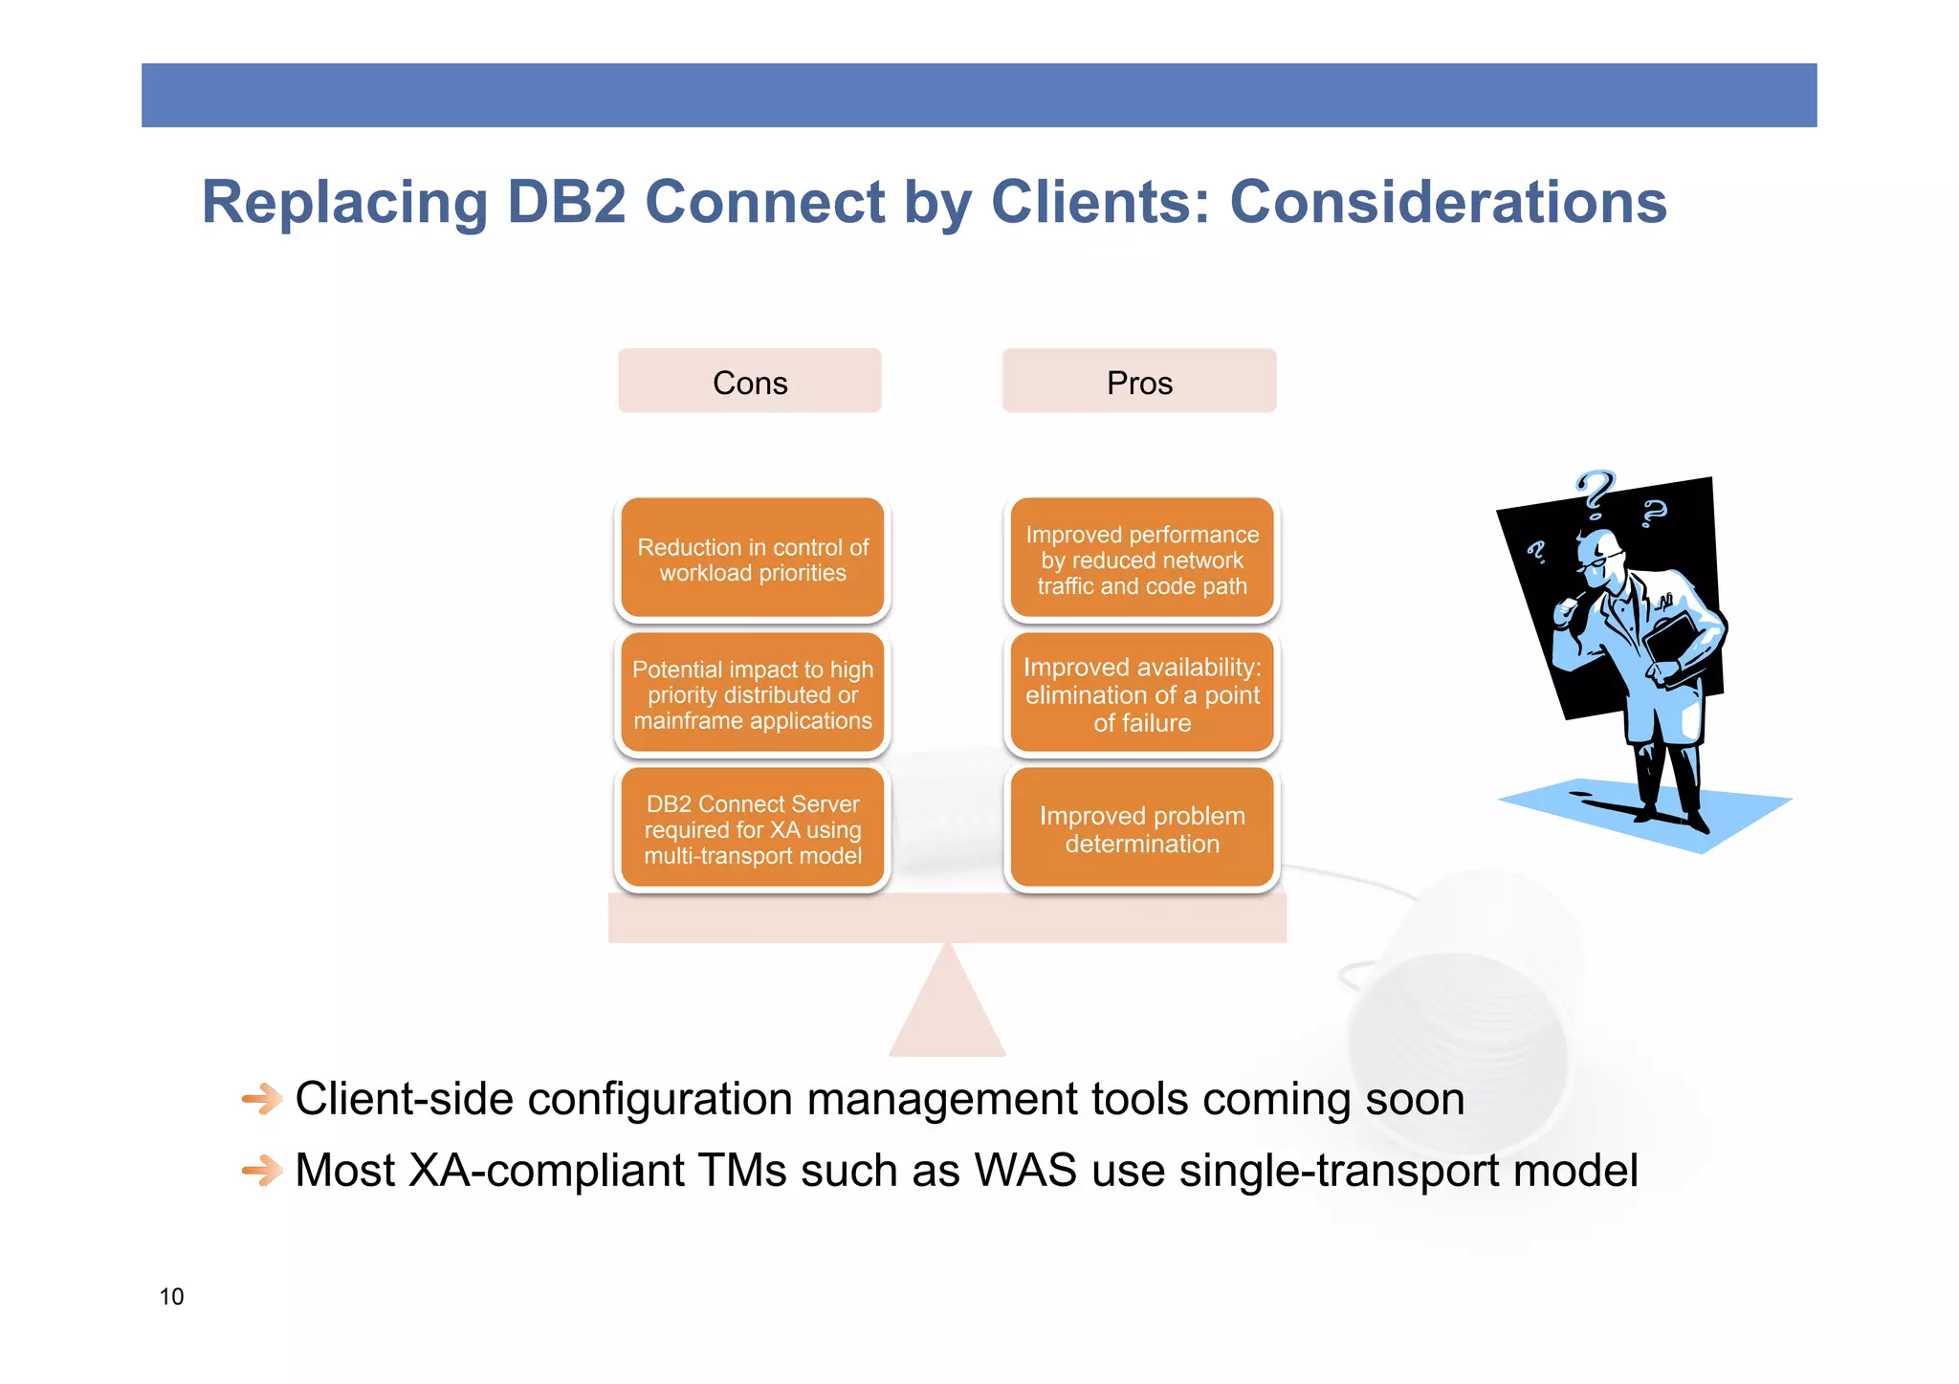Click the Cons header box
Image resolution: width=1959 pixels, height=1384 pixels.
click(749, 382)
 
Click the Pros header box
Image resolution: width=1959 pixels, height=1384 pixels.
click(1138, 382)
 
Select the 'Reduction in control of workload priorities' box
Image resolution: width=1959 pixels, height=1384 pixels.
click(753, 560)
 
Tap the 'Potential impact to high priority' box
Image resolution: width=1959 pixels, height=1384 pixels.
click(753, 694)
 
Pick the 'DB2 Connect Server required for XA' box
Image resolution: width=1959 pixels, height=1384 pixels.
click(753, 829)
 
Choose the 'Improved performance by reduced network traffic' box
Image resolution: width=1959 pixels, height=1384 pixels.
click(1142, 560)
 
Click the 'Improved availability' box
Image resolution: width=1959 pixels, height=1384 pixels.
click(1142, 694)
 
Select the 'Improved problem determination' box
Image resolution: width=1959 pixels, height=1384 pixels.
click(1142, 829)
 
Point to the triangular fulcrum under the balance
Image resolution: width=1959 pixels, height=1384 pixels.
click(947, 1009)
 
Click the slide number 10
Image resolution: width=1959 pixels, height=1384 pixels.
click(171, 1296)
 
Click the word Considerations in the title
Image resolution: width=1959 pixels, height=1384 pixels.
click(1447, 202)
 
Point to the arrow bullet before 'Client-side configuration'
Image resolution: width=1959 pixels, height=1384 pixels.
click(261, 1099)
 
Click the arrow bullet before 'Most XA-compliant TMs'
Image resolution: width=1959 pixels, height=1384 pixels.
click(261, 1170)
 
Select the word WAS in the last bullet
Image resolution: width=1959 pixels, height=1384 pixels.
click(1025, 1170)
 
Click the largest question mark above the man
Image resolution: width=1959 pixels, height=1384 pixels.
click(1596, 493)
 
